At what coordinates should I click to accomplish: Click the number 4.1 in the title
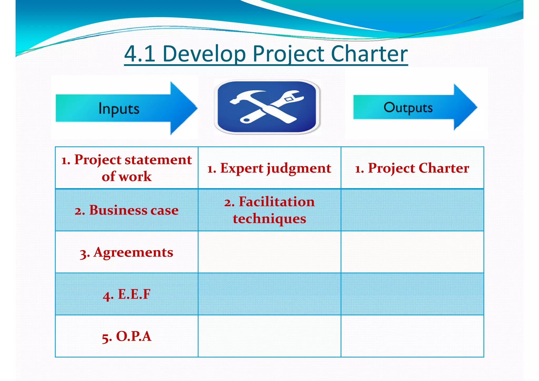coord(140,54)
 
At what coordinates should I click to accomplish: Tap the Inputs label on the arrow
coord(119,108)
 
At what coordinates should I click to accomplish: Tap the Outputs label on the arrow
coord(408,107)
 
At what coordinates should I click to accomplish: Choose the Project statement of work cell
coord(127,168)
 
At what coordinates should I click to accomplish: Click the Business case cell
coord(127,210)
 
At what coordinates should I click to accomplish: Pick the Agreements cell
coord(127,252)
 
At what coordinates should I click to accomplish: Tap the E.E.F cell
coord(127,294)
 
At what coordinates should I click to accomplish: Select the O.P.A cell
coord(127,336)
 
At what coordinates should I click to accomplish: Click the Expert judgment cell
coord(269,168)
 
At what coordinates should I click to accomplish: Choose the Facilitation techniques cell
coord(269,210)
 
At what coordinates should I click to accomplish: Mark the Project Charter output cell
coord(412,168)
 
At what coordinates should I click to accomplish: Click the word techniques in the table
coord(269,219)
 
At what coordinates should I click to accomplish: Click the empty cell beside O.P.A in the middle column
coord(269,336)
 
